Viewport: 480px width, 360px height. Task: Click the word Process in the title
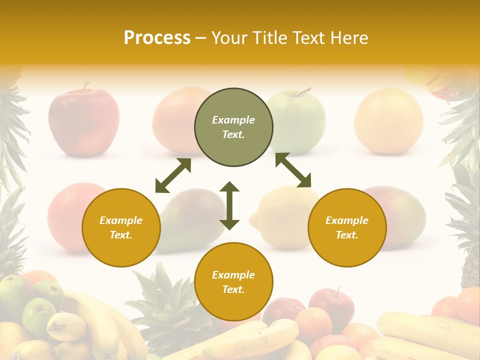pyautogui.click(x=157, y=38)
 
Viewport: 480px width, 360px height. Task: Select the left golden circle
pyautogui.click(x=121, y=227)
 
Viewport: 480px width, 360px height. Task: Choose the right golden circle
pyautogui.click(x=347, y=227)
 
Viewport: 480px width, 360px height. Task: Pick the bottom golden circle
pyautogui.click(x=233, y=282)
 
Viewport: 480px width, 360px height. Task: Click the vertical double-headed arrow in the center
pyautogui.click(x=229, y=205)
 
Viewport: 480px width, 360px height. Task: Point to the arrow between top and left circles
pyautogui.click(x=173, y=175)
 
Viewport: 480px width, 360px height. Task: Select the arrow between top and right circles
pyautogui.click(x=293, y=170)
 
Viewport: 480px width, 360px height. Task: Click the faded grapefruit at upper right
pyautogui.click(x=388, y=121)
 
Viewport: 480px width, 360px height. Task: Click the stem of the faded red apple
pyautogui.click(x=86, y=87)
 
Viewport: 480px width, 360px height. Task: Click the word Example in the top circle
pyautogui.click(x=233, y=120)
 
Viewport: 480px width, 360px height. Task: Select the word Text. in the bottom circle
pyautogui.click(x=233, y=289)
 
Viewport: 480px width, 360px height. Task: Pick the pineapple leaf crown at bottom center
pyautogui.click(x=160, y=295)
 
